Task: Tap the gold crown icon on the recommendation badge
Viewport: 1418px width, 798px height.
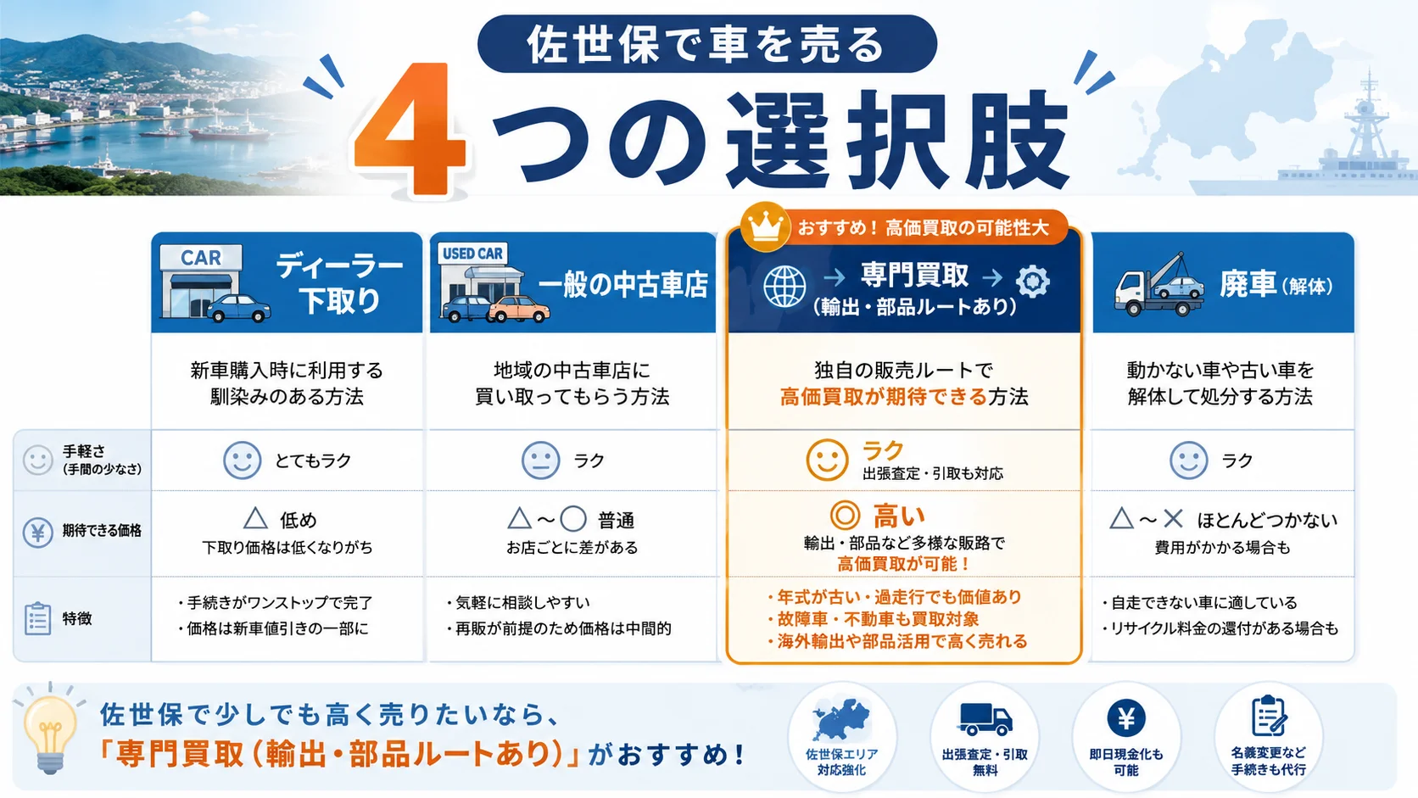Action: [765, 226]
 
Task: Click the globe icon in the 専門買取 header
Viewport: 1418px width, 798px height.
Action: [784, 287]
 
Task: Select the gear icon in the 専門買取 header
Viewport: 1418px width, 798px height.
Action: [1032, 281]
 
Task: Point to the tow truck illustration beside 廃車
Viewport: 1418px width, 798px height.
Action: [1159, 285]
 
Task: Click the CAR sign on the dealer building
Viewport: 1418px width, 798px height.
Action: [201, 258]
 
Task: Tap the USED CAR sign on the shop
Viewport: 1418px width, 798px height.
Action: [472, 254]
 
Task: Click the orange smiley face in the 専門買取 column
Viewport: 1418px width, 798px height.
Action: [827, 460]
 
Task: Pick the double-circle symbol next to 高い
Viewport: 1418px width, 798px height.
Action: [845, 515]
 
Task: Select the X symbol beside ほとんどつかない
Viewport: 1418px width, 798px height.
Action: [1173, 520]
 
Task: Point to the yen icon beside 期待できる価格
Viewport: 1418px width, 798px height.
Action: [37, 533]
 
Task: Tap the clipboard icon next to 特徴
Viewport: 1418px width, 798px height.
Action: [37, 618]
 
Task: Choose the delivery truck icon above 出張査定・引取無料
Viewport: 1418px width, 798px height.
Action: [985, 719]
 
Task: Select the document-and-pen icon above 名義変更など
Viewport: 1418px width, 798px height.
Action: [1269, 716]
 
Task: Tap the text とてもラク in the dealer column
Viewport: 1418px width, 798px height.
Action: [313, 460]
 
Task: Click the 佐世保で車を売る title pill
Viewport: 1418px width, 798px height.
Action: [706, 43]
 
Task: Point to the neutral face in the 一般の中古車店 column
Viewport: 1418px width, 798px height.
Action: [540, 460]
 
